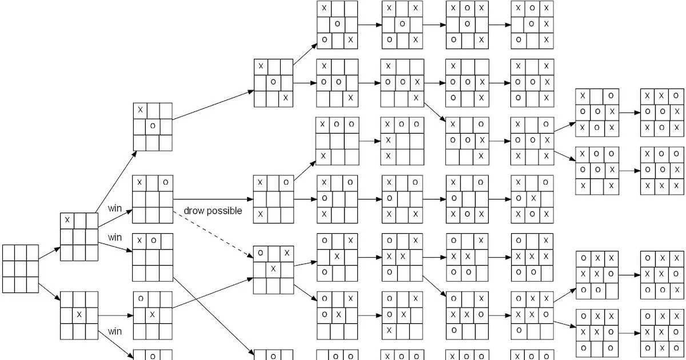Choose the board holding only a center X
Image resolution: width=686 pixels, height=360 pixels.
point(79,315)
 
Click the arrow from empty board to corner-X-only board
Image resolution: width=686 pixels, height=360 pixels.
point(49,253)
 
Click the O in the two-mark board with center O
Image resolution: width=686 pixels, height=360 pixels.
point(152,126)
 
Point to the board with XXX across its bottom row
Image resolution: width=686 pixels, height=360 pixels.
point(661,170)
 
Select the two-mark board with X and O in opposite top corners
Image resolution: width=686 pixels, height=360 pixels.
point(153,199)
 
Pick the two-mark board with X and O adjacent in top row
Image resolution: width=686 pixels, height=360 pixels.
point(153,257)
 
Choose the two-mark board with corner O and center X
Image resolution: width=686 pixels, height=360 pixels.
point(153,315)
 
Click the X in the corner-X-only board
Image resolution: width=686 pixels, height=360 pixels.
point(67,220)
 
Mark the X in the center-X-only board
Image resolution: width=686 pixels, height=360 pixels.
point(79,315)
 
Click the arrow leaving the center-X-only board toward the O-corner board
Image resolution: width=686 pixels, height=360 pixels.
point(115,315)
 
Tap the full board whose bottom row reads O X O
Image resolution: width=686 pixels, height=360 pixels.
point(661,332)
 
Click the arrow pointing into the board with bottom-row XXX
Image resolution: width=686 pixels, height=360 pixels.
point(629,170)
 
